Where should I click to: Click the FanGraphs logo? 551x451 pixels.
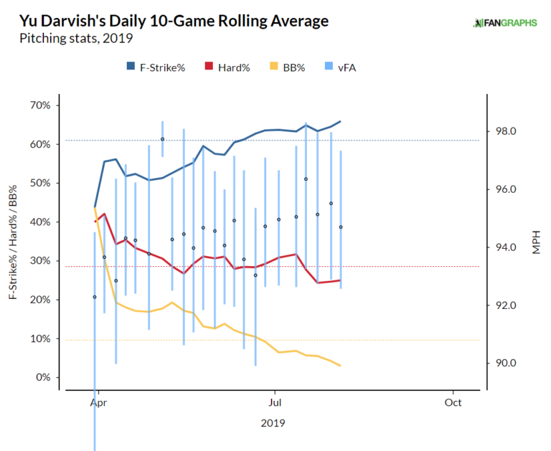[x=505, y=23]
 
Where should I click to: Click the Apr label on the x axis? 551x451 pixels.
[x=95, y=403]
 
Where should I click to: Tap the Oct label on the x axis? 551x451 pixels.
[x=452, y=403]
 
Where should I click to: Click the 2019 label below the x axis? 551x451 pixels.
[x=273, y=423]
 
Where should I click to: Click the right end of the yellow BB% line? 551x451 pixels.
[x=340, y=366]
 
